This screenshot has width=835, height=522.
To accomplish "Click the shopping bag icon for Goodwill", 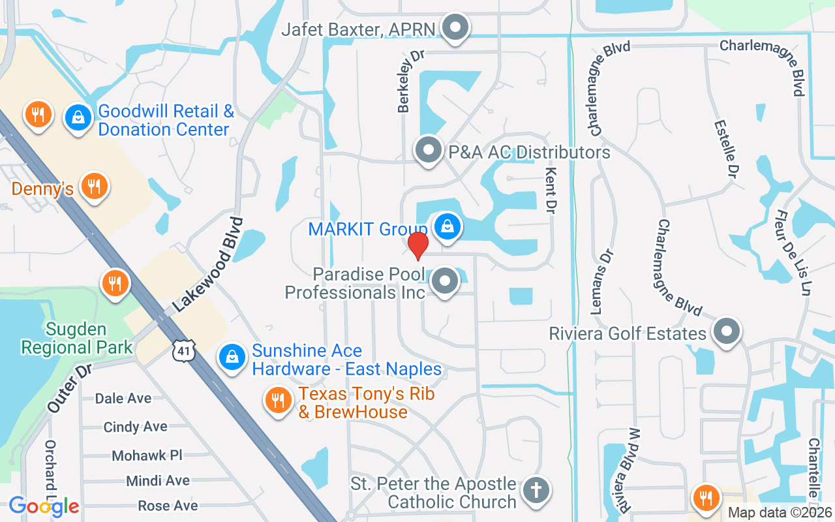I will (78, 118).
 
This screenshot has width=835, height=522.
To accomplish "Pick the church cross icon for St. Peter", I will (537, 489).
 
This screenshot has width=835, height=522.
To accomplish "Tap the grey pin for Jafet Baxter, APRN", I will (455, 28).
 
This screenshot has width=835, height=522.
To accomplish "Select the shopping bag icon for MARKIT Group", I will (448, 227).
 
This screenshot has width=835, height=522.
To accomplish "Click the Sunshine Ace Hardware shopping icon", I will (232, 357).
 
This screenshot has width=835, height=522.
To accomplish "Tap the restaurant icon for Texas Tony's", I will (279, 400).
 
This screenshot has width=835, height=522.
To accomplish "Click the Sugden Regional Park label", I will (77, 338).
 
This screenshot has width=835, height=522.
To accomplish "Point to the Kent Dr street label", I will (552, 191).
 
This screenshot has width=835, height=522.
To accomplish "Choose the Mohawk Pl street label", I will (147, 455).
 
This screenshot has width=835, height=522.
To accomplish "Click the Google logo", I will (44, 506).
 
